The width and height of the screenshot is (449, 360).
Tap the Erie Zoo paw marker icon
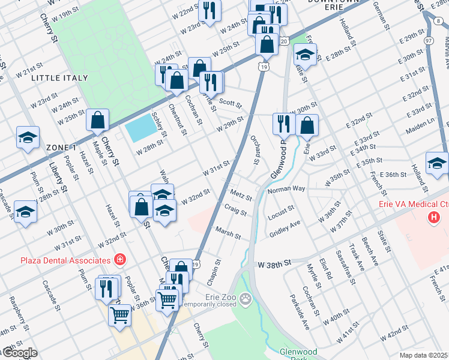[x=245, y=298]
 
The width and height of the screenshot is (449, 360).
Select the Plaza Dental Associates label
[x=66, y=260]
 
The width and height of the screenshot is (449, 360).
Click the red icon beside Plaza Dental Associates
[x=121, y=259]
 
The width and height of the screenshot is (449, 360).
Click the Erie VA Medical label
[x=413, y=204]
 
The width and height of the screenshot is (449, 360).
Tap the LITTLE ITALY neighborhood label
[x=59, y=78]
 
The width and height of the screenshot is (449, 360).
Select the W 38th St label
[x=274, y=263]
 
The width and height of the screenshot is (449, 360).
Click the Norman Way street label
[x=286, y=189]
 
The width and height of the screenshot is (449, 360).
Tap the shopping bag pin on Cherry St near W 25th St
[x=97, y=121]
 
